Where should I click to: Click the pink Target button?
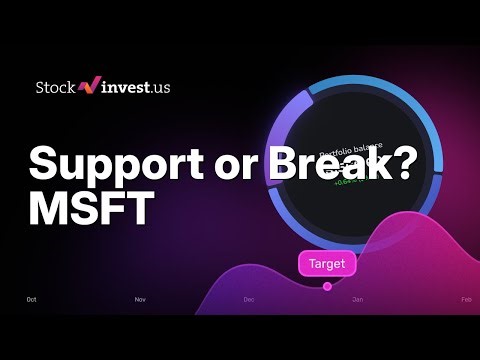[x=327, y=264]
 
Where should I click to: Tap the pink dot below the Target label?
[x=327, y=286]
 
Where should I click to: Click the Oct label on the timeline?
[x=32, y=299]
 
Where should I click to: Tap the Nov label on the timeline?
[x=140, y=299]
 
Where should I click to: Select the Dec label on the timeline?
[x=249, y=299]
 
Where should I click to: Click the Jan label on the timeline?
[x=357, y=299]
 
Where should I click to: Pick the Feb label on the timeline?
[x=465, y=299]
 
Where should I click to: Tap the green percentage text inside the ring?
[x=348, y=181]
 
